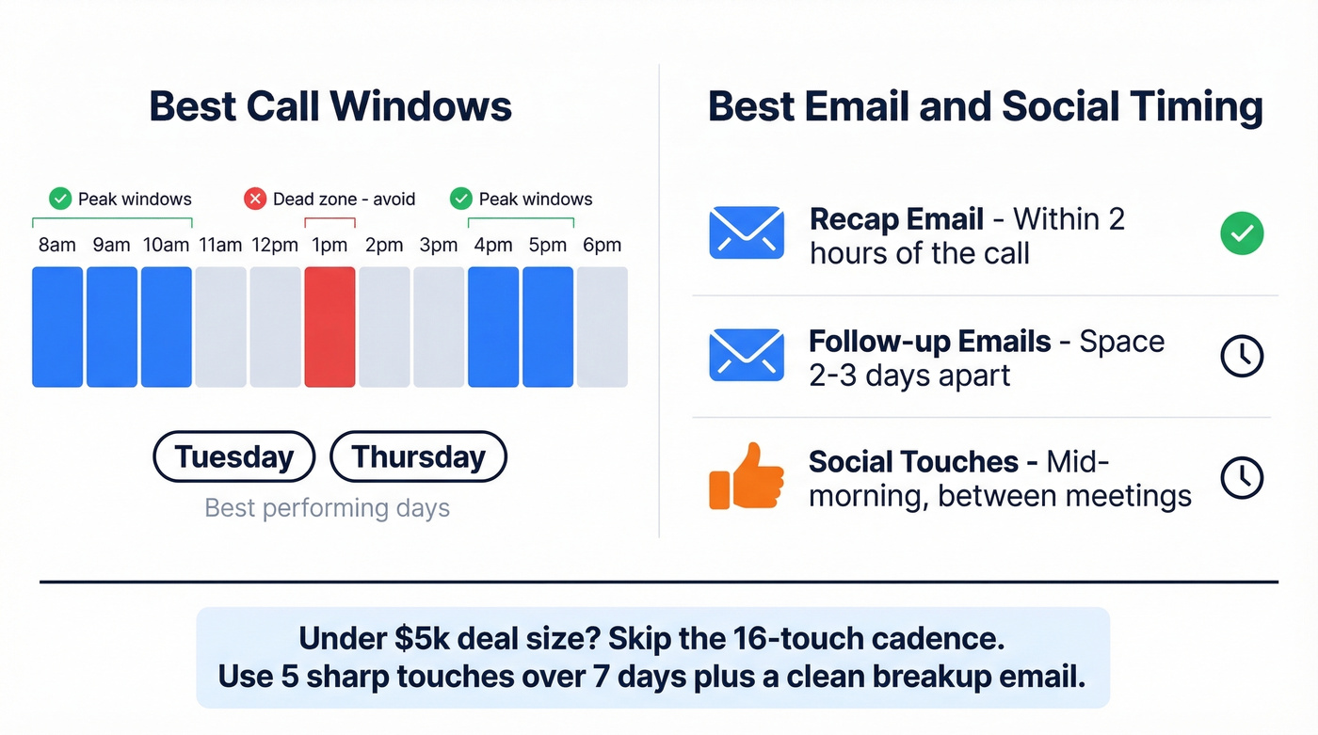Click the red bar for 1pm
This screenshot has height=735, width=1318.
point(329,327)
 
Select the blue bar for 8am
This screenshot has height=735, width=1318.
point(57,327)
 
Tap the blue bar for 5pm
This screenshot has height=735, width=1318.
point(548,327)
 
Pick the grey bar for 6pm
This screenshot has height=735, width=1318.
point(603,327)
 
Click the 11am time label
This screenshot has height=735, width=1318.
point(220,246)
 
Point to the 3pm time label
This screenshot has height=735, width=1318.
point(439,246)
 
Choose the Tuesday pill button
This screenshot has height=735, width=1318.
point(234,457)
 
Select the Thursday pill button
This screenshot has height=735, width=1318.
point(418,457)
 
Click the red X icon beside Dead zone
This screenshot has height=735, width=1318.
point(255,199)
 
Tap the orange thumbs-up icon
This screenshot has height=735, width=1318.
point(746,476)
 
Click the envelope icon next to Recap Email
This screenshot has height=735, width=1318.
point(746,233)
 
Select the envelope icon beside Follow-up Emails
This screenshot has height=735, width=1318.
point(746,356)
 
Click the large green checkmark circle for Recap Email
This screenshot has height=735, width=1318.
point(1242,233)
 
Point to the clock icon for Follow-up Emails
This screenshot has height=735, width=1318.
point(1242,356)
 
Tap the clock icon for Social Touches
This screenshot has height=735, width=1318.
point(1242,477)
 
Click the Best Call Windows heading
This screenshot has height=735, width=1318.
point(330,105)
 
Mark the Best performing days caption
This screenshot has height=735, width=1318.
point(328,508)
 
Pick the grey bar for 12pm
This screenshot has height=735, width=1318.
point(276,327)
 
